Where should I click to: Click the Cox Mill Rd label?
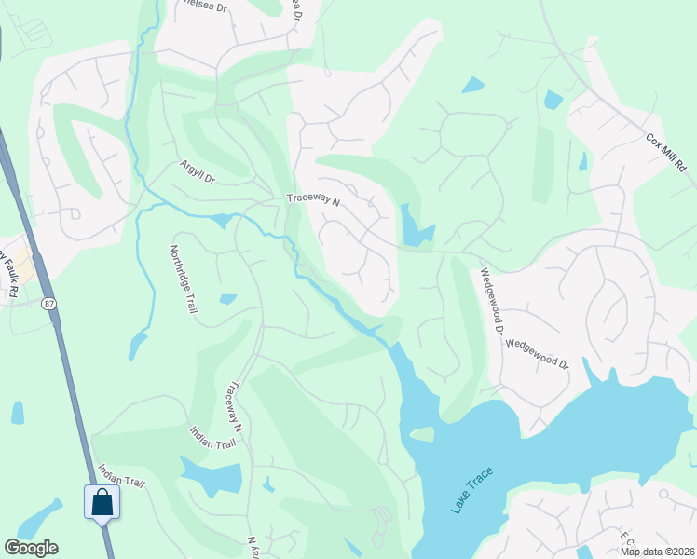665,152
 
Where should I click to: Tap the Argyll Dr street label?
198,171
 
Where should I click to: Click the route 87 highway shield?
48,303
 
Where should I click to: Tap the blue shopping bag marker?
102,503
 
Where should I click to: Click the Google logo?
31,548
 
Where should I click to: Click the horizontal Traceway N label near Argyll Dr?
314,198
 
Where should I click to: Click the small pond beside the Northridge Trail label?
228,299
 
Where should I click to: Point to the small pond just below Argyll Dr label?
221,221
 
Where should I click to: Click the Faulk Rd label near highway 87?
12,272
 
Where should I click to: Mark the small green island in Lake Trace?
423,433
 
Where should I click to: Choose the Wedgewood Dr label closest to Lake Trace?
537,353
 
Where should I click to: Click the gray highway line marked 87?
74,391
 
